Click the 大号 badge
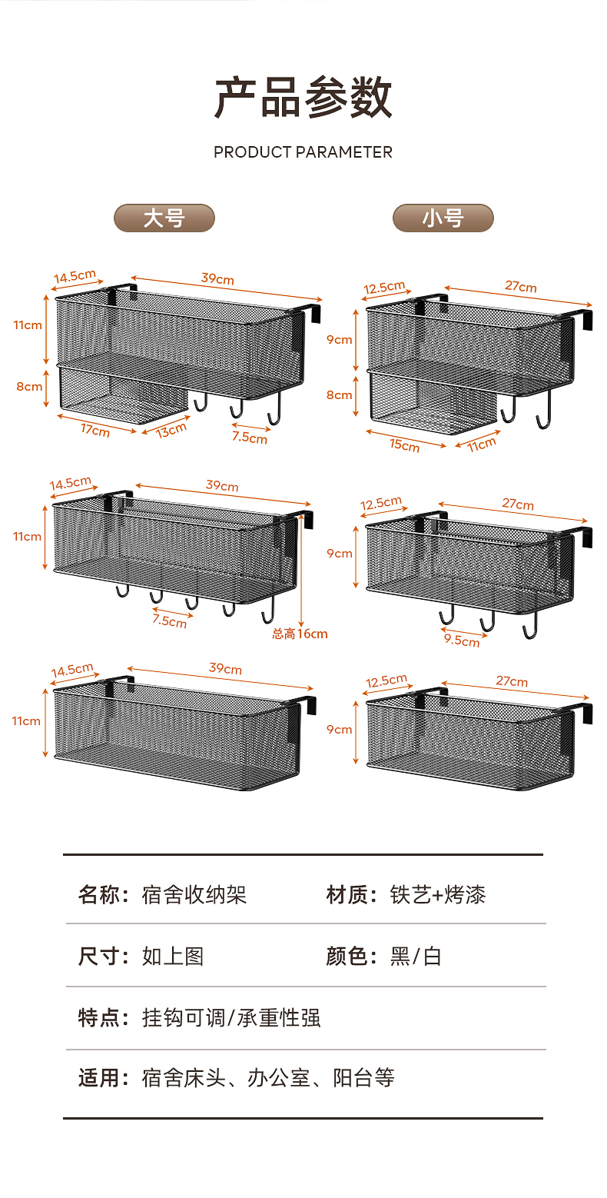(164, 218)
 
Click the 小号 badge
(443, 218)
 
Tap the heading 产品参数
(303, 98)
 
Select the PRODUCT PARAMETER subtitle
(303, 152)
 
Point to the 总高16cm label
(300, 634)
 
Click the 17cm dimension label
(95, 431)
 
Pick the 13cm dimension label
(171, 430)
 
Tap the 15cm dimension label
(404, 444)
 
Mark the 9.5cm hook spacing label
(461, 639)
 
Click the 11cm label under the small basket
(482, 444)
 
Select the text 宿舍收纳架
(194, 895)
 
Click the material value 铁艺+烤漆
(438, 895)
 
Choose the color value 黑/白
(416, 957)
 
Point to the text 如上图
(173, 957)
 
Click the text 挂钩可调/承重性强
(231, 1018)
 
